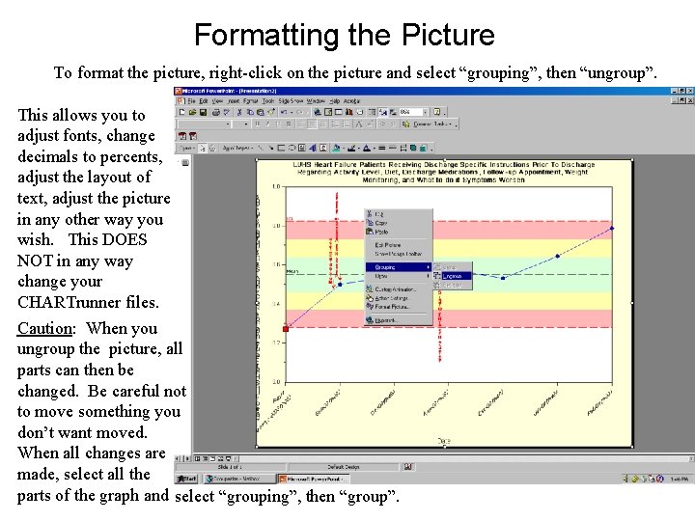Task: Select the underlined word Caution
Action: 44,328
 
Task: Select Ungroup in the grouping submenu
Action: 452,276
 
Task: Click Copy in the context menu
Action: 381,223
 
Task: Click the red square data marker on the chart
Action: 285,329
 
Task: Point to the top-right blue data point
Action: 611,229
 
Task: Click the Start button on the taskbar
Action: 187,479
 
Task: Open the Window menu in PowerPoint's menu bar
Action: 330,100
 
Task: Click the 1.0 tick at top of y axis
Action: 276,186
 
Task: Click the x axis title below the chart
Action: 443,440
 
